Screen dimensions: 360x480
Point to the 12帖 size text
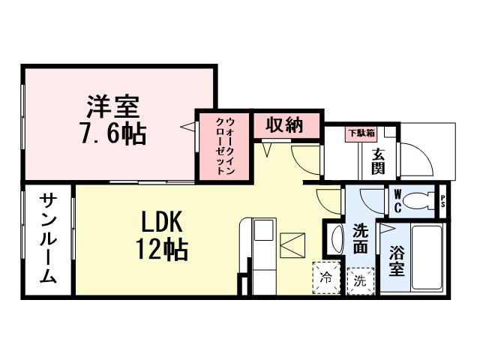[160, 249]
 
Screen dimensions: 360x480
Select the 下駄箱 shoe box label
[359, 134]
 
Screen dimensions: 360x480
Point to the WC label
[397, 200]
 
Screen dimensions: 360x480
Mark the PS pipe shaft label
[443, 200]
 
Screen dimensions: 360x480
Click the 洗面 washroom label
[360, 238]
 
